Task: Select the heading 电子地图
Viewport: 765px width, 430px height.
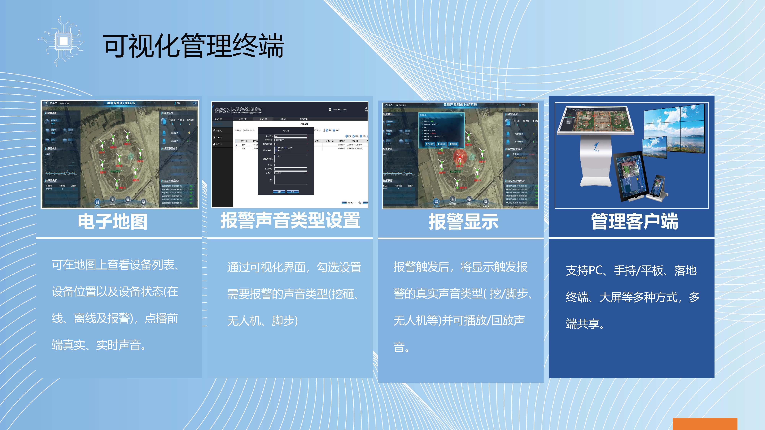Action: click(x=113, y=222)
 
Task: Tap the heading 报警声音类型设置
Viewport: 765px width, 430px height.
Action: click(x=290, y=221)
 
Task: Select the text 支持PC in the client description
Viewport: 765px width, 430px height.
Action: click(x=584, y=270)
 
